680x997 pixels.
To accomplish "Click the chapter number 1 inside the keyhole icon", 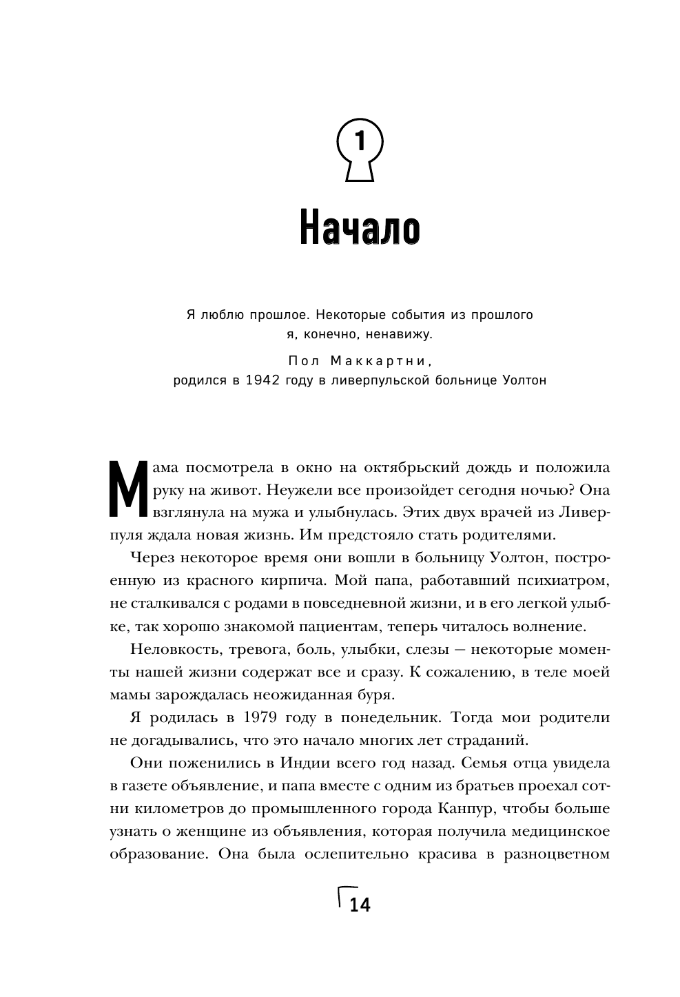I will click(x=359, y=143).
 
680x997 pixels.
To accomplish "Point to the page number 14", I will click(x=360, y=905).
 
